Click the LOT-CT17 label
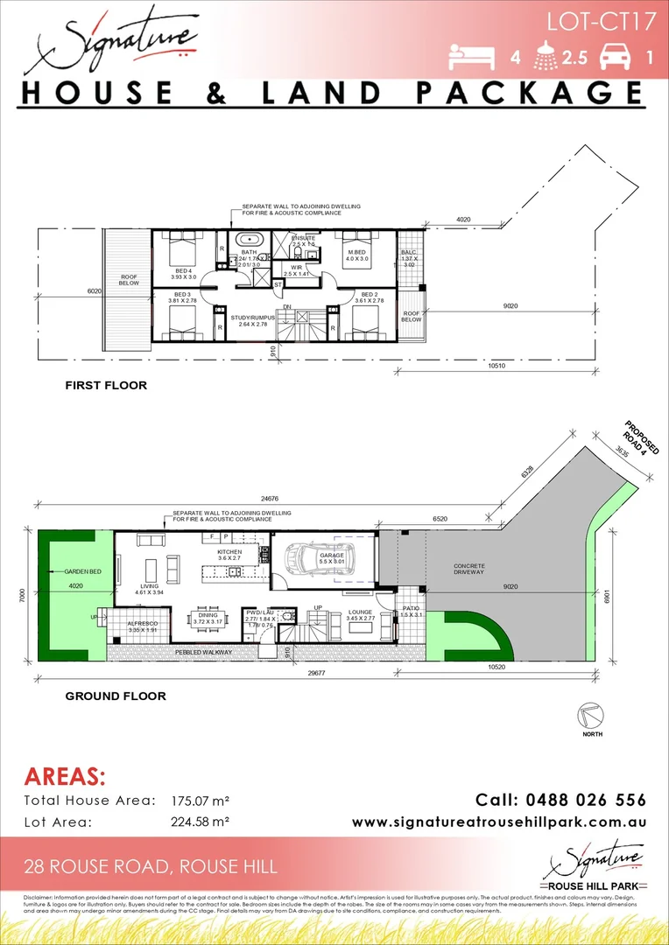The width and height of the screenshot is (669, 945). pyautogui.click(x=602, y=21)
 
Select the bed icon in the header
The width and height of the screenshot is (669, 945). pyautogui.click(x=474, y=58)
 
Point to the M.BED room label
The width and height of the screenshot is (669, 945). pyautogui.click(x=357, y=255)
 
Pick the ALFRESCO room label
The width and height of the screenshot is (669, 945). pyautogui.click(x=142, y=625)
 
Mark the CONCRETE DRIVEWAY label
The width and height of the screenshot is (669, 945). pyautogui.click(x=469, y=570)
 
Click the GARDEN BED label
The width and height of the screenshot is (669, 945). pyautogui.click(x=78, y=571)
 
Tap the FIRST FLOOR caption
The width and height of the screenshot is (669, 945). pyautogui.click(x=106, y=385)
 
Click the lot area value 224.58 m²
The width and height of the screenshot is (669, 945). pyautogui.click(x=200, y=822)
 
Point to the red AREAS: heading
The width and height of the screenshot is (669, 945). pyautogui.click(x=65, y=777)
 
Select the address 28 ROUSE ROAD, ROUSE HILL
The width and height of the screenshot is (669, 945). pyautogui.click(x=151, y=867)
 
